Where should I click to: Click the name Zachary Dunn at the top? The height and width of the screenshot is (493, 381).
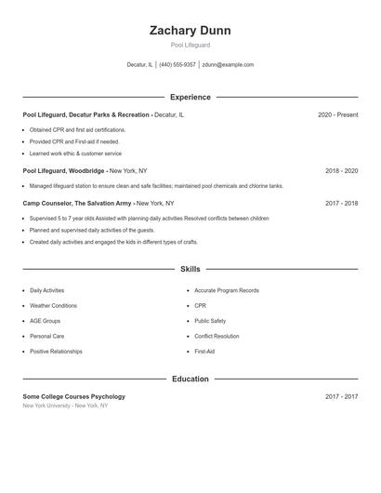coord(190,31)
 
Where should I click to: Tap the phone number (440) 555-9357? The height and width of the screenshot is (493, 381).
coord(177,65)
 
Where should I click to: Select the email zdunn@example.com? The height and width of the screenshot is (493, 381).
coord(228,65)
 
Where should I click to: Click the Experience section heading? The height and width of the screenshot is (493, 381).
coord(190,97)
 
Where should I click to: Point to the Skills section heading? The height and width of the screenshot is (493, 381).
coord(190,269)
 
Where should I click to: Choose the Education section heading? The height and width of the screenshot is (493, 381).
coord(190,379)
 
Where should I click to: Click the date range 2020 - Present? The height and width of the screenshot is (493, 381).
coord(337,114)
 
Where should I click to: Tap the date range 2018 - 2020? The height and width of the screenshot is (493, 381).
coord(341,171)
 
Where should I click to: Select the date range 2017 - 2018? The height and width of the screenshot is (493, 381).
coord(341,203)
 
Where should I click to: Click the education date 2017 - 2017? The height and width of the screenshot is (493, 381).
coord(341,396)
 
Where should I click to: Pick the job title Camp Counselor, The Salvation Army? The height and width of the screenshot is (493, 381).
coord(77,203)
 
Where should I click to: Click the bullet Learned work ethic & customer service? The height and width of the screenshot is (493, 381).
coord(75,153)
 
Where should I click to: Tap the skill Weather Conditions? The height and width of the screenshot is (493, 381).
coord(53,306)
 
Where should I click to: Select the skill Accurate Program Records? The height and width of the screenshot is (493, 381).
coord(227,291)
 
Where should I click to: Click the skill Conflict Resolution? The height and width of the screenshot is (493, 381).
coord(217,336)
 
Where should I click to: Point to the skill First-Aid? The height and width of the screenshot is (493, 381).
coord(204,352)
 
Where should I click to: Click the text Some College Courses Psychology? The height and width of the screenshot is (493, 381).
coord(73,396)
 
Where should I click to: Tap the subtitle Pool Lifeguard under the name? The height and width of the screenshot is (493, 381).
coord(190,45)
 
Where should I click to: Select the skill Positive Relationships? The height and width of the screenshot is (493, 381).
coord(56,352)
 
